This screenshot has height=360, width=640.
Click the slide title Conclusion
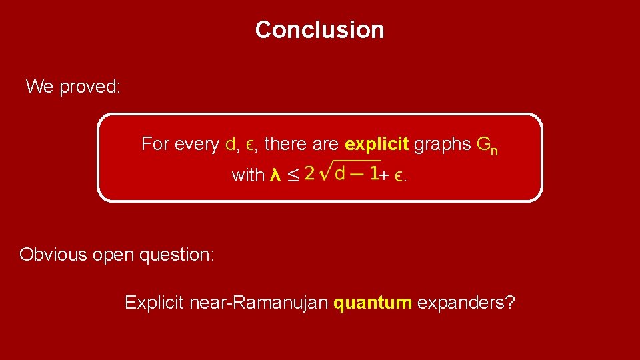click(319, 30)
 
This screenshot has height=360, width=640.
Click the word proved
click(90, 87)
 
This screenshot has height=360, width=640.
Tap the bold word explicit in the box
click(377, 144)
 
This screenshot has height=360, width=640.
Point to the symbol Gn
click(487, 145)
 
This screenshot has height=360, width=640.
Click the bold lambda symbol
click(274, 176)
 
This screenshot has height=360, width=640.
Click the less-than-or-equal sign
click(293, 176)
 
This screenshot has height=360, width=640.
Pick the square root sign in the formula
click(325, 172)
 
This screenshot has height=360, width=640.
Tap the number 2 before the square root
click(309, 174)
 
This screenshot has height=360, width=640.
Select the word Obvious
click(54, 255)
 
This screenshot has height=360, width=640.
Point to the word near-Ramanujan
click(259, 303)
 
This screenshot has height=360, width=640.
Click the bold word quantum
click(373, 303)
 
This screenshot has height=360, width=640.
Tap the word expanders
click(466, 303)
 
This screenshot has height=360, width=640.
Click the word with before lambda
click(248, 176)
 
